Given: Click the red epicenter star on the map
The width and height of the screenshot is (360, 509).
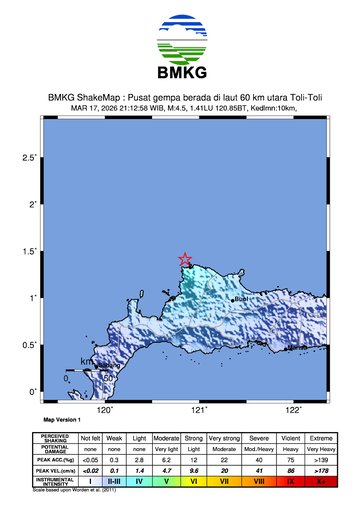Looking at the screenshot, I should tap(185, 259).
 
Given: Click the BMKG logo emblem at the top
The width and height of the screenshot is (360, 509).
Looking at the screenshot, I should tap(180, 39).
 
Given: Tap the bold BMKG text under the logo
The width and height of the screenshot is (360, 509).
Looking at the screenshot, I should tap(180, 73).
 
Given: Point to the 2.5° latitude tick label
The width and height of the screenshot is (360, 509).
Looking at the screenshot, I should tap(29, 158).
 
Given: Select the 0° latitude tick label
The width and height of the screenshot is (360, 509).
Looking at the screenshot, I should tap(32, 391).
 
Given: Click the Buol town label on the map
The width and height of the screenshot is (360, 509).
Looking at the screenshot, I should tap(239, 298).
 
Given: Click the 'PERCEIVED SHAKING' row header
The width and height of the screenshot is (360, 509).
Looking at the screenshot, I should tap(54, 438).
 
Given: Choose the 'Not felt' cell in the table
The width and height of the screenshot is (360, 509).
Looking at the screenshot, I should tap(91, 438).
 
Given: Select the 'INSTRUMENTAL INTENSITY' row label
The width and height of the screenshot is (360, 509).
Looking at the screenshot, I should tap(54, 482).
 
